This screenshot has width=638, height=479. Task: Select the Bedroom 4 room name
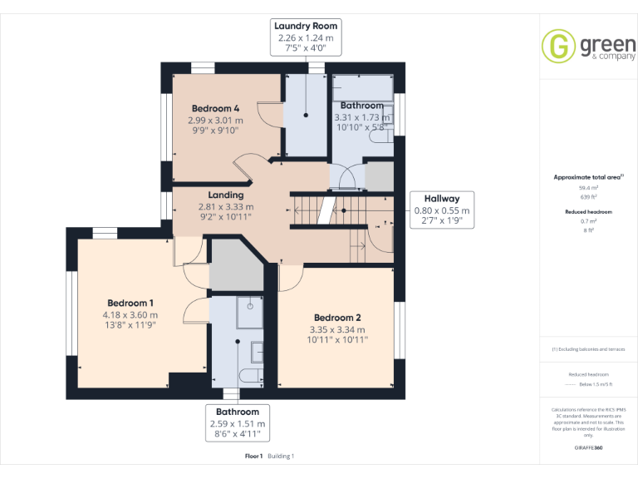click(215, 109)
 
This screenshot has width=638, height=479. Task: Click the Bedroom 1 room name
click(130, 303)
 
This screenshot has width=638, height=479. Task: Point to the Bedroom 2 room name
click(337, 318)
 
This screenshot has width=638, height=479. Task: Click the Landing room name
click(226, 195)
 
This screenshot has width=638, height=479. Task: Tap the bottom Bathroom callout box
click(238, 423)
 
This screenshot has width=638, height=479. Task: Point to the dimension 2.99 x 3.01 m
click(215, 120)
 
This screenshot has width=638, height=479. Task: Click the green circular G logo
click(559, 46)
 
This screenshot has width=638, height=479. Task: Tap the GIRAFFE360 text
click(588, 448)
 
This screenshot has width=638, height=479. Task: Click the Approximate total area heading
click(588, 177)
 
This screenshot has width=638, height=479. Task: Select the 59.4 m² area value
click(588, 188)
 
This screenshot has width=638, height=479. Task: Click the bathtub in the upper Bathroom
click(362, 87)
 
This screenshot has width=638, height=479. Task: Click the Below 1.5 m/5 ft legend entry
click(594, 386)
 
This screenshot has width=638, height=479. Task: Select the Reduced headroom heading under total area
click(588, 212)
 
